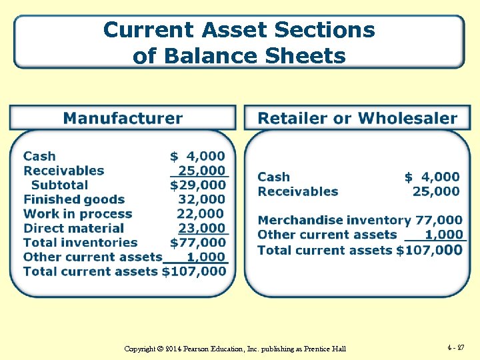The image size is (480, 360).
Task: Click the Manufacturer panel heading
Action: [123, 119]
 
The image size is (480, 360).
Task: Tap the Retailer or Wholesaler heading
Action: [357, 119]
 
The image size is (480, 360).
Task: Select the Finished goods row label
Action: [74, 199]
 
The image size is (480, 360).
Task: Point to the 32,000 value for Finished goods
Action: [202, 199]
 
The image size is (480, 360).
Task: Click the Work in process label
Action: [78, 214]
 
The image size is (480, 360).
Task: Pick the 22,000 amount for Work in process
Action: [201, 214]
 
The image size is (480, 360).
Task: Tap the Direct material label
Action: [74, 228]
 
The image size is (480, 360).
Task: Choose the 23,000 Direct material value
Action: [202, 228]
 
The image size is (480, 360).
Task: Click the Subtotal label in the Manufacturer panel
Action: [60, 185]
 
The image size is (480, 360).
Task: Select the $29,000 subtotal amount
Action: [198, 185]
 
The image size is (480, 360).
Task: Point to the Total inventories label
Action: [81, 243]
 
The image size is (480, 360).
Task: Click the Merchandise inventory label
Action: [334, 220]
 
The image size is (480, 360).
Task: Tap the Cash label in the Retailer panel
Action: [274, 177]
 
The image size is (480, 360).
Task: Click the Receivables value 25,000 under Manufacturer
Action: [202, 171]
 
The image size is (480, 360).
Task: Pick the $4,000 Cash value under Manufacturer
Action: [198, 156]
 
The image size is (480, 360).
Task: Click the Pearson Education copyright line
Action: [235, 349]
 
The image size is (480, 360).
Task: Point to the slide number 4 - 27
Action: [456, 347]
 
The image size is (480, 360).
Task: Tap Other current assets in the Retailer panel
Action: [327, 235]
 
